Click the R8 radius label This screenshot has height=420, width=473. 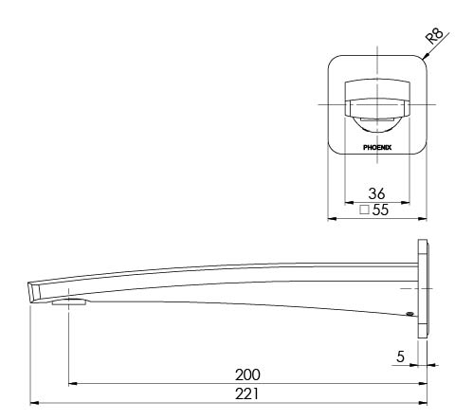(x=435, y=37)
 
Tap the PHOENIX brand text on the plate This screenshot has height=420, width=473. (x=377, y=147)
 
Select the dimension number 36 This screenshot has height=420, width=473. (x=377, y=191)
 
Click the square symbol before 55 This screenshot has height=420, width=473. (x=365, y=210)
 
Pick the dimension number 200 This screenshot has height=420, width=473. (x=248, y=374)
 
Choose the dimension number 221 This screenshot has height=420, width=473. (x=248, y=393)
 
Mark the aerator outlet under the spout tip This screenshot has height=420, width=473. (x=69, y=303)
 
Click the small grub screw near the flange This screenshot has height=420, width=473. (x=409, y=315)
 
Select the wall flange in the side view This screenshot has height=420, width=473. (x=423, y=285)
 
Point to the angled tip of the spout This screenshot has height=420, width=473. (x=34, y=290)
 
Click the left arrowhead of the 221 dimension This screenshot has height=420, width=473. (x=34, y=402)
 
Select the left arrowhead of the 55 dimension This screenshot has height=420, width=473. (x=331, y=219)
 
